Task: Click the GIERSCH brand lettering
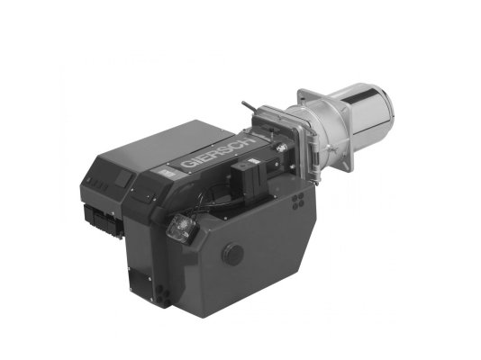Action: (x=218, y=153)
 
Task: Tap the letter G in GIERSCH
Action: (x=186, y=164)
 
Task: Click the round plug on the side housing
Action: (x=232, y=253)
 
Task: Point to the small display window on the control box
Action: (x=123, y=177)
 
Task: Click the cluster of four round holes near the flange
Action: (x=298, y=201)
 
